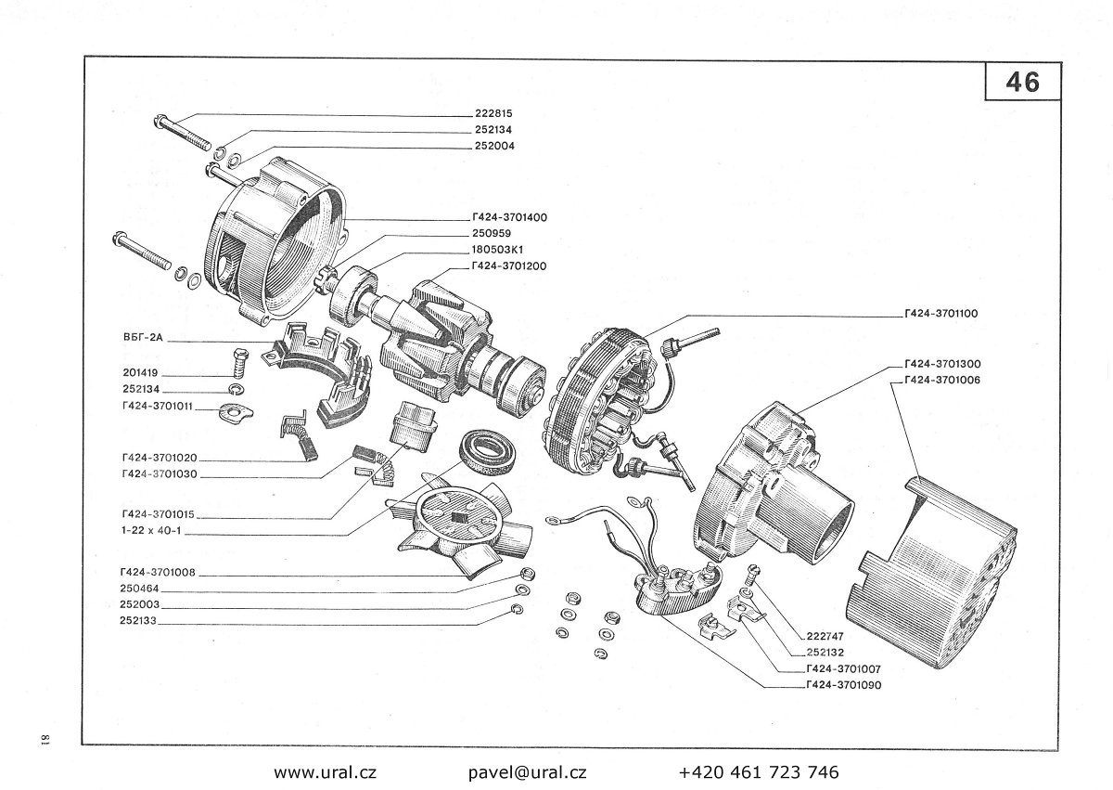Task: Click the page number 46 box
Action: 1022,82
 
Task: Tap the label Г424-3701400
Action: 508,216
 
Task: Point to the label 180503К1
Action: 499,249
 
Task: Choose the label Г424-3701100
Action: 940,314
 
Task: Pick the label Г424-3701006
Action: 940,380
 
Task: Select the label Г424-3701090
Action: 843,685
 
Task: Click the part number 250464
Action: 138,589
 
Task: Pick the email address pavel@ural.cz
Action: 527,771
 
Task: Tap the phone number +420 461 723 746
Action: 758,771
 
